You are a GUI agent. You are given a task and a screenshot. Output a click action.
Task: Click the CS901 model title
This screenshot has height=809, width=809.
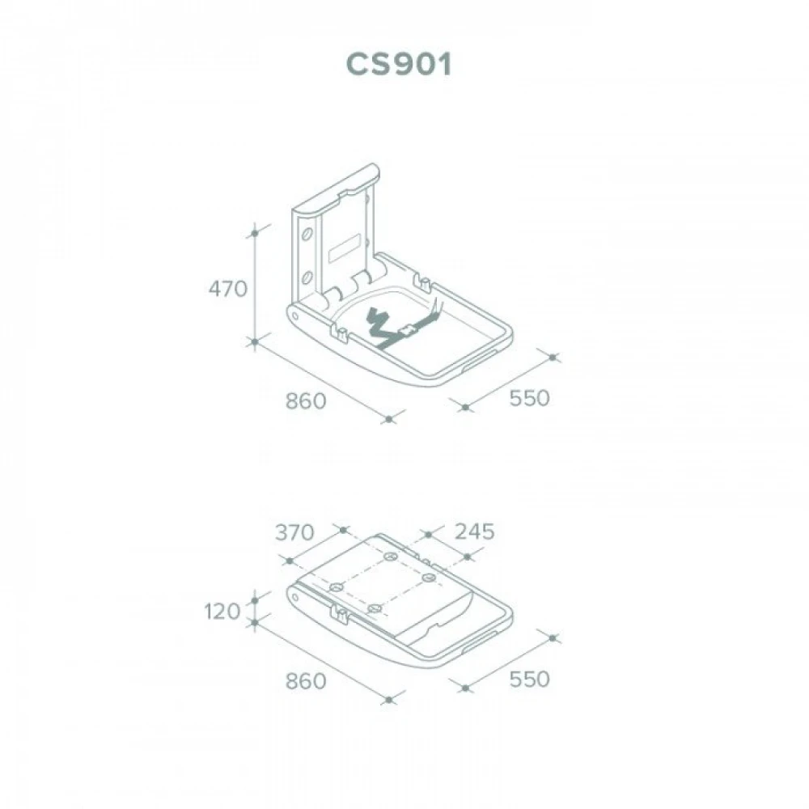point(399,65)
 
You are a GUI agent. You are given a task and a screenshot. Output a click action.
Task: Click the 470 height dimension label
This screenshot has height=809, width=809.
point(228,289)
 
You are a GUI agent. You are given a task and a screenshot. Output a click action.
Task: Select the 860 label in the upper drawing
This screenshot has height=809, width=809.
point(306,401)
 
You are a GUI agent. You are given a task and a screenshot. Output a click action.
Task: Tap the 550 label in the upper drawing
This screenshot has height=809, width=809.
point(529,398)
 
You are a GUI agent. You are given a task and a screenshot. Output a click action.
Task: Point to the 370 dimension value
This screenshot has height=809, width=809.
point(294,532)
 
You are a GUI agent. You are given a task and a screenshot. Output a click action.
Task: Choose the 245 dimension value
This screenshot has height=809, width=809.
point(475,532)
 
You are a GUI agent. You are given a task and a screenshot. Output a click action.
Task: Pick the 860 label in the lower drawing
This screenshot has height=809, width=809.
point(306,681)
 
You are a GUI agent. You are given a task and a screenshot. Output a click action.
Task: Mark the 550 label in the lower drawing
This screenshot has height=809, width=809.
point(529,679)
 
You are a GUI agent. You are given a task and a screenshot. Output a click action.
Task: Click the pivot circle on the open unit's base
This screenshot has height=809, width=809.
point(294,314)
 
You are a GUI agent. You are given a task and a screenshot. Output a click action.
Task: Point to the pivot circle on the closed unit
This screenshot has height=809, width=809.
point(294,599)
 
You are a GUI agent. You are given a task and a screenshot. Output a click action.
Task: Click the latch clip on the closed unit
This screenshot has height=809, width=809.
point(339,613)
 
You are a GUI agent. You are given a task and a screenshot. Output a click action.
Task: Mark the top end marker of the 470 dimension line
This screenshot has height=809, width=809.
point(255,233)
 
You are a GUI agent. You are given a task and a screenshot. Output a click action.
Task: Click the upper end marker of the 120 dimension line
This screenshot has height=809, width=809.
point(255,600)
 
